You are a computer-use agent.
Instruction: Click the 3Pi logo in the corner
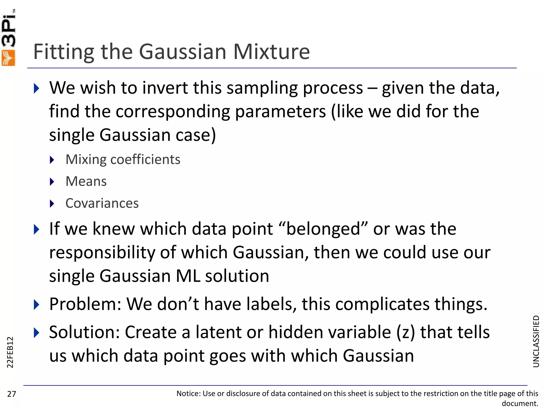tap(8, 37)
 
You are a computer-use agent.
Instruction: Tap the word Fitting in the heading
tap(64, 52)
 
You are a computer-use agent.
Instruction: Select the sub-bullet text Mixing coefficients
tap(123, 160)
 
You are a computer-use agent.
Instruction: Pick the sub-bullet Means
tap(86, 181)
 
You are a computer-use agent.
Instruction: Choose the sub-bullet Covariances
tap(102, 203)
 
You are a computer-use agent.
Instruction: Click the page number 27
tap(12, 394)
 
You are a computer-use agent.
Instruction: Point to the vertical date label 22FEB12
tap(10, 352)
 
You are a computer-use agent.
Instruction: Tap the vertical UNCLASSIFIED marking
tap(536, 341)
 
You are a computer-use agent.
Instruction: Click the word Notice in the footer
tap(188, 393)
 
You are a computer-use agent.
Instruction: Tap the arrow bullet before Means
tap(52, 182)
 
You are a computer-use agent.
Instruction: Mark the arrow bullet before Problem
tap(37, 304)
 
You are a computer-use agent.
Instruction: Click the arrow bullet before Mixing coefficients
tap(52, 160)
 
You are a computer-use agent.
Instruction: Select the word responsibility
tap(102, 252)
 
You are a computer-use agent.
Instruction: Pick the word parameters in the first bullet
tap(280, 111)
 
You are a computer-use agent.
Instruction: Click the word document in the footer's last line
tap(520, 403)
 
